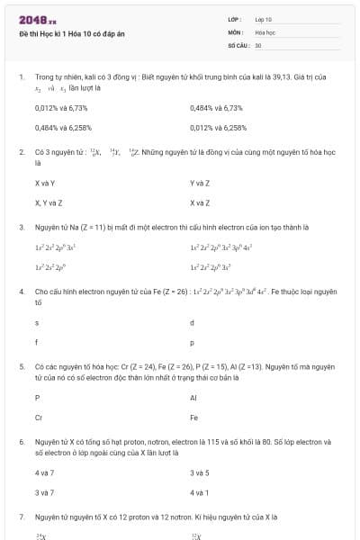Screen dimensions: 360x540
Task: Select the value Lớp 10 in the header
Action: pos(264,19)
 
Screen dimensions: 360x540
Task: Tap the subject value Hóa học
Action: pos(265,31)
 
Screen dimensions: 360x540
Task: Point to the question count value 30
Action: pos(258,44)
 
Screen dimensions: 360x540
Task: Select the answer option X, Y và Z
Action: pos(49,202)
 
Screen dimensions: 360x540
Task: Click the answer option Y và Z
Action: pos(200,183)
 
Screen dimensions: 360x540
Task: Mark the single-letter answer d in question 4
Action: pos(192,322)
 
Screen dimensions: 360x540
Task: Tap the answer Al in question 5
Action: pos(193,397)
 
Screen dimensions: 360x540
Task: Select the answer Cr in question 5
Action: pos(39,418)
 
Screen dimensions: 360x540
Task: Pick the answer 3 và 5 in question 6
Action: pos(200,472)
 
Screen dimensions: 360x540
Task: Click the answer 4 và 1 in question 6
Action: pos(200,492)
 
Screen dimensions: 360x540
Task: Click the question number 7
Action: pos(22,517)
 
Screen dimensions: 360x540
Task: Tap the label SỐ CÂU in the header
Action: pos(238,44)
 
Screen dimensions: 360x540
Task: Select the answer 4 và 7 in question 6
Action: pos(44,472)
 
